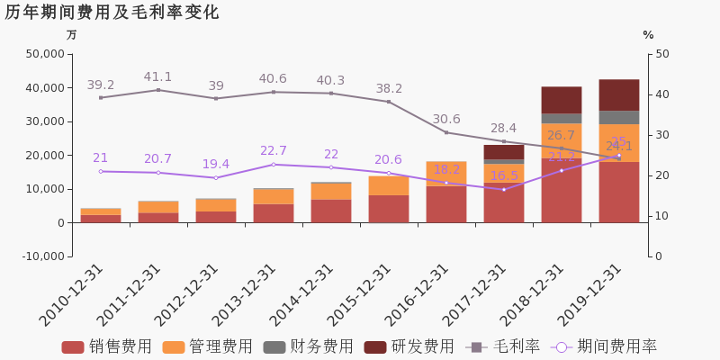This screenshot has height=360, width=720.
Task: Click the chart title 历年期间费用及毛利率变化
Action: tap(112, 13)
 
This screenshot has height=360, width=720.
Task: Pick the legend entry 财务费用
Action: tap(308, 346)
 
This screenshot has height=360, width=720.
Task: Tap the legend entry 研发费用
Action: tap(409, 346)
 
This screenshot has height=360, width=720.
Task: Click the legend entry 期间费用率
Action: tap(605, 346)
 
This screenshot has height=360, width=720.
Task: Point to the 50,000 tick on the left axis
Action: tap(46, 54)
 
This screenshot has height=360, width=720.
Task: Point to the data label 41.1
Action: tap(157, 77)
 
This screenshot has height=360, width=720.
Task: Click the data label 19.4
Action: tap(215, 164)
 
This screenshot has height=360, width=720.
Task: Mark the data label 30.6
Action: tap(445, 119)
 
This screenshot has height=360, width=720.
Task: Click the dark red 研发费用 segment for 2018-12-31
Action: tap(561, 100)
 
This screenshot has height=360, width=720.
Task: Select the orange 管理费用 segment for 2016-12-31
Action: tap(445, 174)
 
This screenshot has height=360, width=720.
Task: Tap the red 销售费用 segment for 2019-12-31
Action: tap(618, 192)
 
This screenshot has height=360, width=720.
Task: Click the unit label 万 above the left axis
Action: tap(72, 35)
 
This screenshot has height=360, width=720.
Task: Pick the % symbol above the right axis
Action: tap(648, 35)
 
